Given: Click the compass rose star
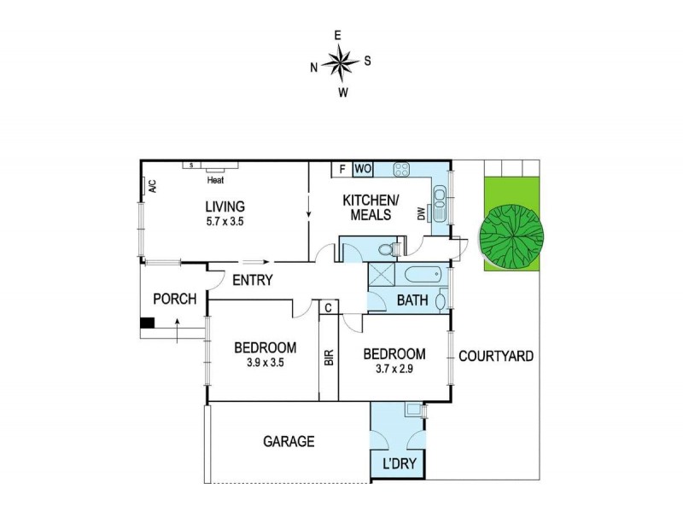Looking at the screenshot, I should point(341,63).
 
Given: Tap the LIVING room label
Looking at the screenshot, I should point(225,207).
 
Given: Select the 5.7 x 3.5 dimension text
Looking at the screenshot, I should point(225,220).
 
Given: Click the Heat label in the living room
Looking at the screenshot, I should point(215,180).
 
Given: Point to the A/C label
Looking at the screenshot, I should point(151,186).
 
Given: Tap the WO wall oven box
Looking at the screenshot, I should point(361,169).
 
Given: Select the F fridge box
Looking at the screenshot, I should point(341,169).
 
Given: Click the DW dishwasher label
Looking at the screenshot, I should point(421,216).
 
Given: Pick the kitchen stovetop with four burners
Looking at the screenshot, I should point(401,169).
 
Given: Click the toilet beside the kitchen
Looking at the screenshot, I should point(389,250).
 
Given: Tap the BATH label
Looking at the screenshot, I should point(413,300).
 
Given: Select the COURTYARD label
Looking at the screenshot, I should point(496,356).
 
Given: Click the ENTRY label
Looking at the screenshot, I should point(252,280).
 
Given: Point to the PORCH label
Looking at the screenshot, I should point(174,300).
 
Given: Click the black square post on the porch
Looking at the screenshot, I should point(148,323).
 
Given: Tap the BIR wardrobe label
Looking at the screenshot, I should point(329,357).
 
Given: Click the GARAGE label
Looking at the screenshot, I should point(289,441).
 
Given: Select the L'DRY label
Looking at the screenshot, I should point(397,465).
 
